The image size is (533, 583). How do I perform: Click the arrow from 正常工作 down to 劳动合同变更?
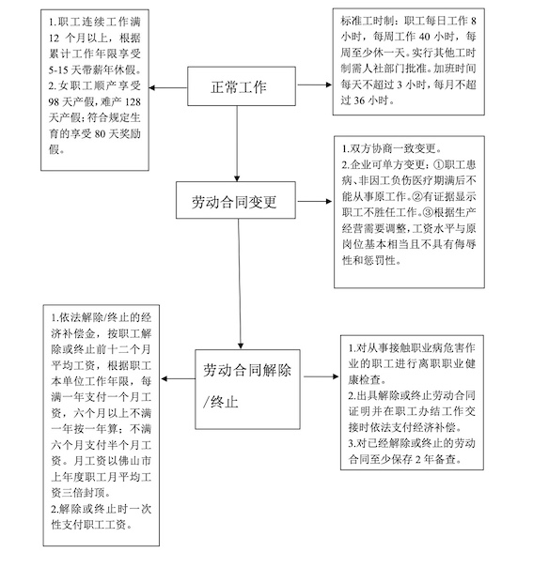[237, 144]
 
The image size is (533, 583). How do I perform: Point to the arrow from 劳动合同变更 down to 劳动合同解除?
[240, 284]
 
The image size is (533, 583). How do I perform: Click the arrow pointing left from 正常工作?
[168, 87]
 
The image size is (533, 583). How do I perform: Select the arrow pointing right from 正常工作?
[315, 84]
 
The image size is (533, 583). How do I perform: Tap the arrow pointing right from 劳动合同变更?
[315, 201]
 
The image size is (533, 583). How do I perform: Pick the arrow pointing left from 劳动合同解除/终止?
[179, 379]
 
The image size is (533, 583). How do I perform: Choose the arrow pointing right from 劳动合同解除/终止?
[321, 376]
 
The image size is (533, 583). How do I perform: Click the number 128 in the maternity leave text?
[133, 102]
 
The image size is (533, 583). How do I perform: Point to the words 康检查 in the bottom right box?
[364, 379]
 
